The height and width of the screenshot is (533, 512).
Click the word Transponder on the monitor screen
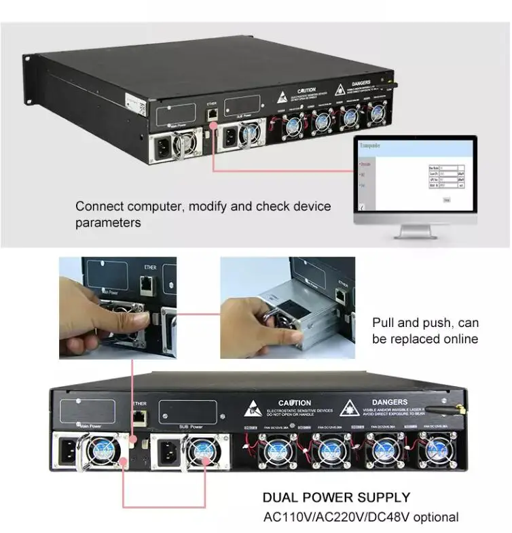371,145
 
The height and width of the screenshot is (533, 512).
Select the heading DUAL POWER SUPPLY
336,498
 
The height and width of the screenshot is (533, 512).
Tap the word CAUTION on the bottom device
295,403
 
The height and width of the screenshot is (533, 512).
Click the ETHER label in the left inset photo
150,267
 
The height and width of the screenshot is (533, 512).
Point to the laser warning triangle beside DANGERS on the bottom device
349,407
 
